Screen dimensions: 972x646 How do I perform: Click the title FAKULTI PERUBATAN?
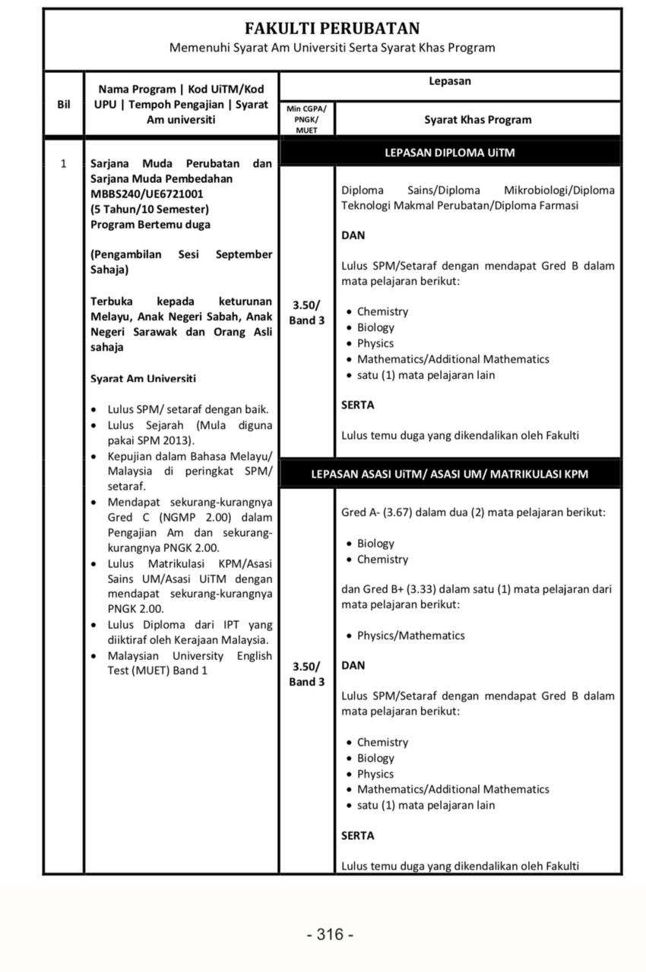pyautogui.click(x=332, y=29)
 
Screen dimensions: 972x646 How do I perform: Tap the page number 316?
pyautogui.click(x=330, y=934)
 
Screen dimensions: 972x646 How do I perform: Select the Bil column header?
pyautogui.click(x=63, y=105)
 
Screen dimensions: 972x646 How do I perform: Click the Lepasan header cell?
pyautogui.click(x=450, y=81)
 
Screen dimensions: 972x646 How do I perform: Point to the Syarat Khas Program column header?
pyautogui.click(x=478, y=120)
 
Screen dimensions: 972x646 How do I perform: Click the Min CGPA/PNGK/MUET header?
pyautogui.click(x=307, y=119)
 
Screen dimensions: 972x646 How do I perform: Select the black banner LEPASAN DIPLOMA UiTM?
pyautogui.click(x=451, y=153)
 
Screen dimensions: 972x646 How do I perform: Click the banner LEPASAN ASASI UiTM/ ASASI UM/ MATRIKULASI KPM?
pyautogui.click(x=450, y=474)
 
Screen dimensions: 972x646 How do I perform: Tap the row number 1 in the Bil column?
pyautogui.click(x=63, y=163)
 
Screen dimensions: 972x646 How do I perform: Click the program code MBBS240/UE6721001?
pyautogui.click(x=141, y=194)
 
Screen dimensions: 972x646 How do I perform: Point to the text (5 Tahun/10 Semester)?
pyautogui.click(x=150, y=209)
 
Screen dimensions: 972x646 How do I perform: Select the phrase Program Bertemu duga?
pyautogui.click(x=150, y=224)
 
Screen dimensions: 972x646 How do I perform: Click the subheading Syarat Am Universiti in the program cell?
pyautogui.click(x=143, y=378)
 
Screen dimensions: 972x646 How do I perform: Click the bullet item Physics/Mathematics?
pyautogui.click(x=410, y=636)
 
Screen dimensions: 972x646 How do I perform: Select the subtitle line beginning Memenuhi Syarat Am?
pyautogui.click(x=332, y=48)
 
